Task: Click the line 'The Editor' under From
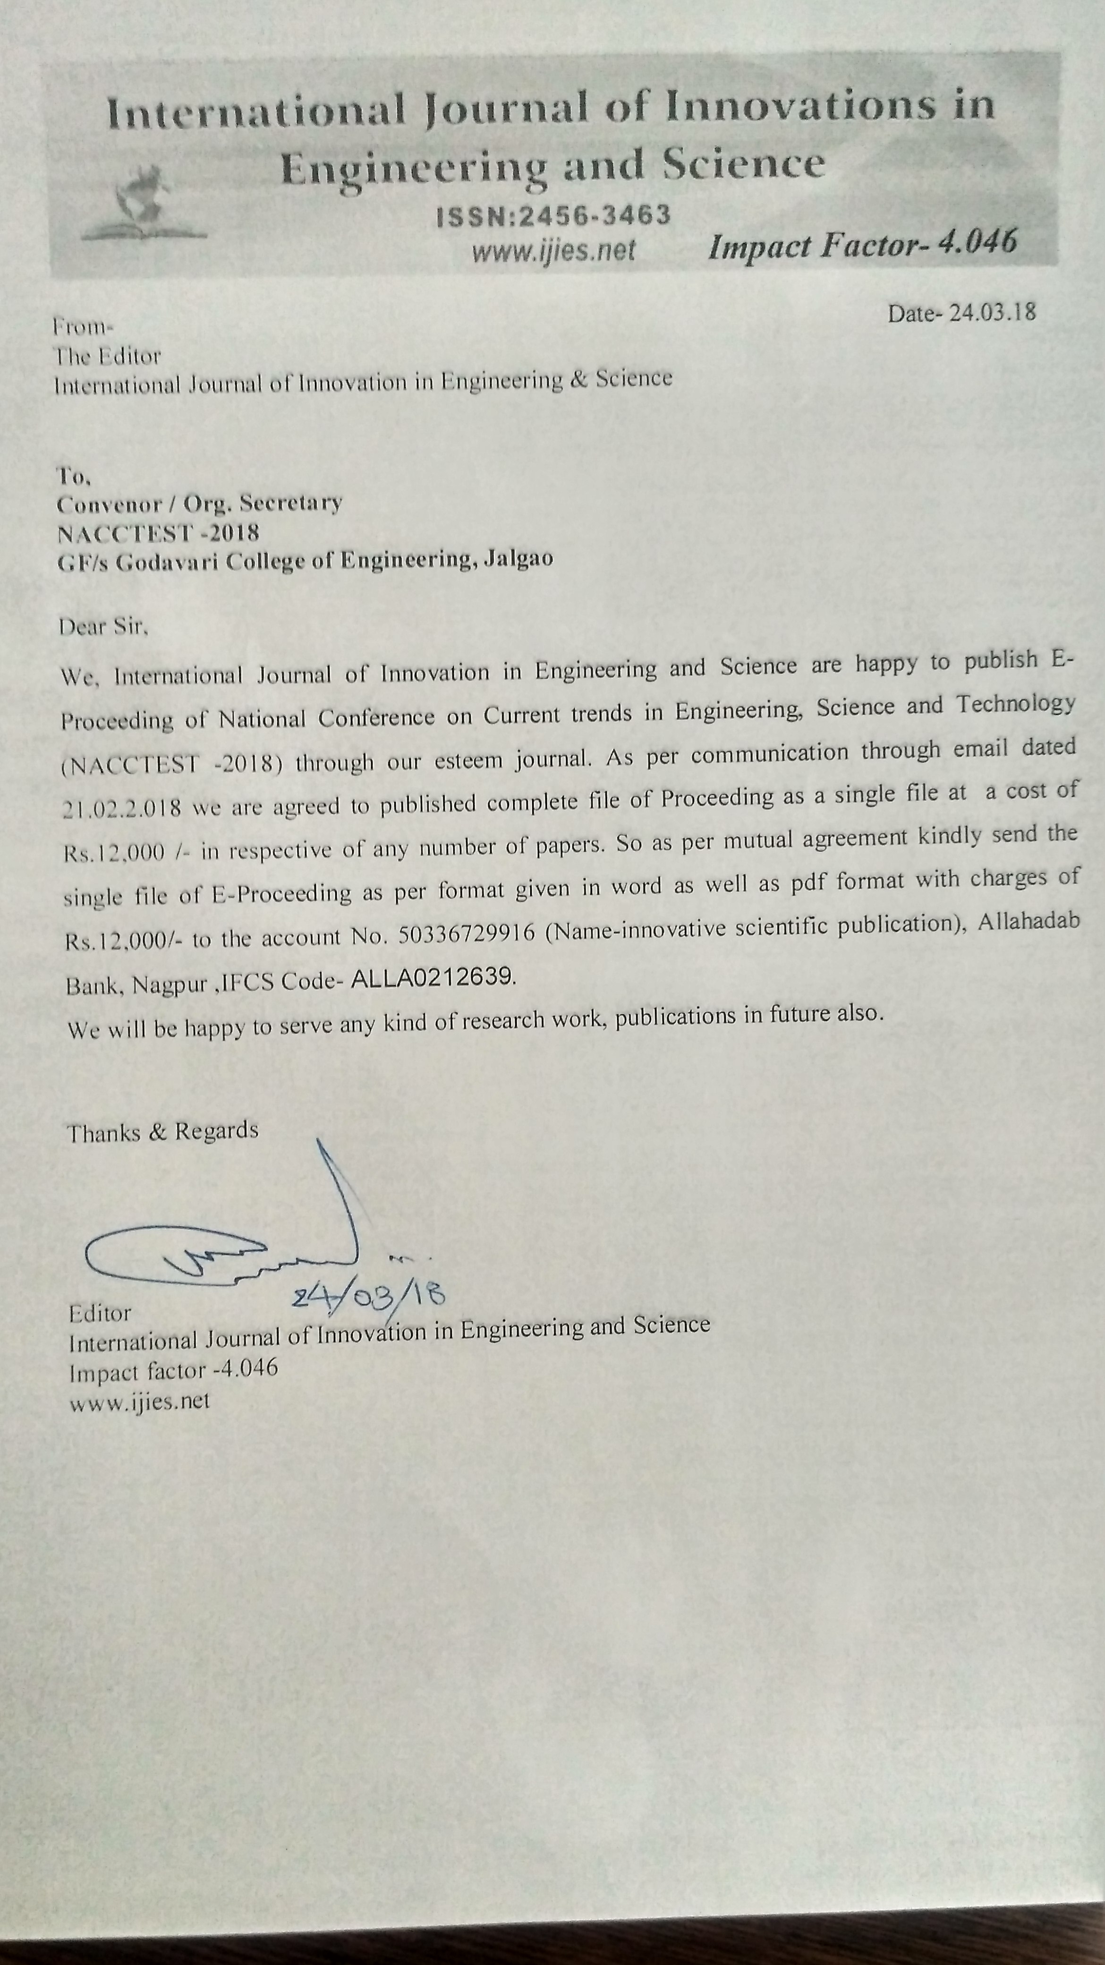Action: [x=107, y=356]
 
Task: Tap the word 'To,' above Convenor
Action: [x=74, y=477]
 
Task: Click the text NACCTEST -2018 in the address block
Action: [x=158, y=532]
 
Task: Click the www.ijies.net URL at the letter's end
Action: [x=140, y=1402]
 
